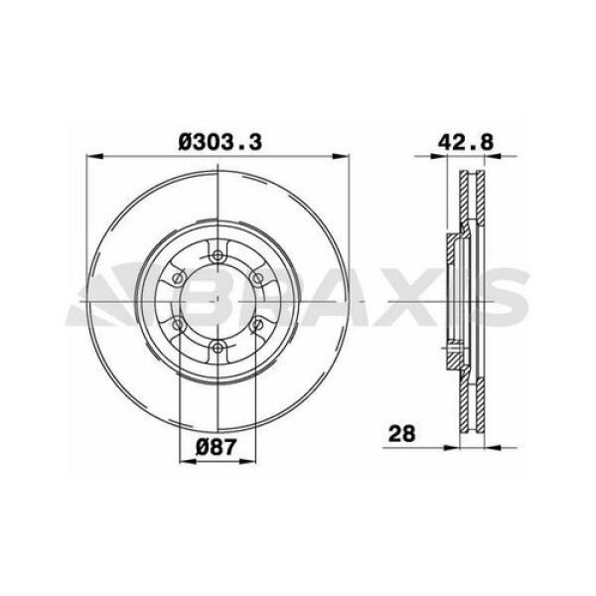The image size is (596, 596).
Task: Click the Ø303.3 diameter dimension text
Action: (220, 142)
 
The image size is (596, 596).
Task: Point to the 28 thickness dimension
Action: (401, 434)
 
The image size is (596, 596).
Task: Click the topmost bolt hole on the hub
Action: (217, 255)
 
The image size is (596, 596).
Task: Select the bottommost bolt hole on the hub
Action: (217, 347)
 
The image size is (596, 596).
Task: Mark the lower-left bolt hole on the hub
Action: (178, 324)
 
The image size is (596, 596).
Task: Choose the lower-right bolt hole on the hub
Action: (256, 324)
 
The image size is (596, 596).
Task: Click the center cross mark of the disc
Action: (217, 301)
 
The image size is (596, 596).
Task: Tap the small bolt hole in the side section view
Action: (453, 348)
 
